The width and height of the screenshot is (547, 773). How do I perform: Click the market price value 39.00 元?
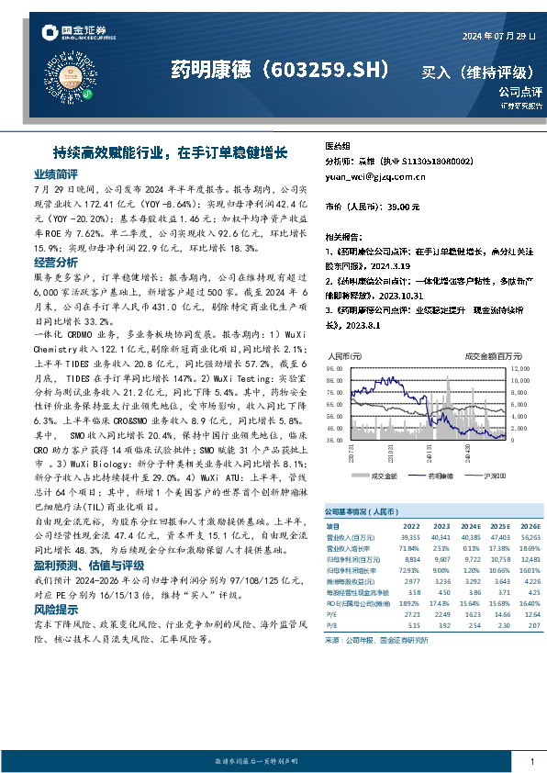tap(403, 207)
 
